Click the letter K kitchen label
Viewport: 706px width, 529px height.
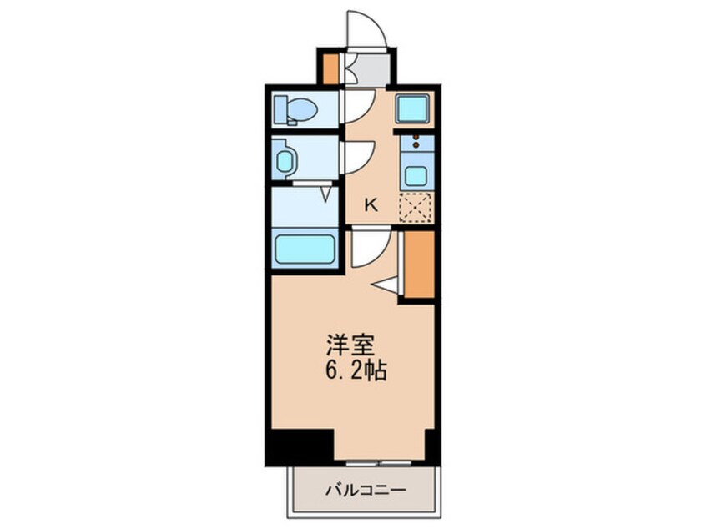371,205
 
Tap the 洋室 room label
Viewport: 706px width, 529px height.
350,346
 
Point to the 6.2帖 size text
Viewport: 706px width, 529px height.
355,370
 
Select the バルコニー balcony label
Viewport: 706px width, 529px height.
366,490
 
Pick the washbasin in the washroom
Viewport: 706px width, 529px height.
285,161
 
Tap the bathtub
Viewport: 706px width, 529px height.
305,249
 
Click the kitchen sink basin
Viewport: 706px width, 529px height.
417,175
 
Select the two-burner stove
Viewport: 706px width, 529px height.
417,143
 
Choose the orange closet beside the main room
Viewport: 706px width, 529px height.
419,264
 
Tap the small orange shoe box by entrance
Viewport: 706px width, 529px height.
331,69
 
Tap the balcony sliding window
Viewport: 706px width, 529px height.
379,462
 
